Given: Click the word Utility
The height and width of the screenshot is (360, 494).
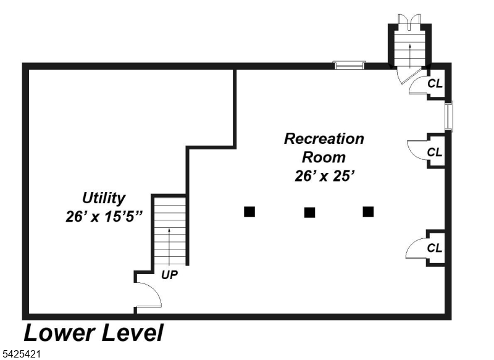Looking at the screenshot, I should (104, 198).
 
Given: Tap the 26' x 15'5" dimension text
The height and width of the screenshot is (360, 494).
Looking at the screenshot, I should (104, 217).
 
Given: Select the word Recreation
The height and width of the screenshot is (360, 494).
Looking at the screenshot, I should (324, 139).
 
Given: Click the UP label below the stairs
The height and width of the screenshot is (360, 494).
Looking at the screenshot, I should (170, 275).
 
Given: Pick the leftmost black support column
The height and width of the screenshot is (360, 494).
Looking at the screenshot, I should (249, 212).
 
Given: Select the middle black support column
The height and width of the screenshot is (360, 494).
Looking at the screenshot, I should (309, 212).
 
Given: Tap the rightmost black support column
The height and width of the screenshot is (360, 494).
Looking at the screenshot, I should (368, 212).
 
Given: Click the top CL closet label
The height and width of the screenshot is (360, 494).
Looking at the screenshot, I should (435, 83).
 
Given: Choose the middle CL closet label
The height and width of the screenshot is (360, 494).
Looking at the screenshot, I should (435, 152).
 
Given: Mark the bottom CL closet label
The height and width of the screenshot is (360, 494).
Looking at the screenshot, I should (435, 248).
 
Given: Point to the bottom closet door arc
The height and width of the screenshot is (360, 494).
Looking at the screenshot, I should (415, 248).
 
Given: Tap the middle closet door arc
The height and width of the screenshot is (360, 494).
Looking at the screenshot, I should (416, 150).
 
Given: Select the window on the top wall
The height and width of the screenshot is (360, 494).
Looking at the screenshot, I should (350, 65).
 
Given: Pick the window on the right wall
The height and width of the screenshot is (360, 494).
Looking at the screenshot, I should (450, 116).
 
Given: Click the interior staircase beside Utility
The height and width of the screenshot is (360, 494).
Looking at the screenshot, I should (170, 230).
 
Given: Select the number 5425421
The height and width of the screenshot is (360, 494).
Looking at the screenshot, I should (22, 355).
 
